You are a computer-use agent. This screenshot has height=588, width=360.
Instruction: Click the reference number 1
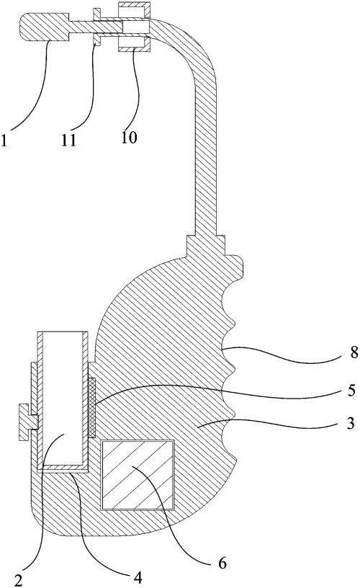pos(4,141)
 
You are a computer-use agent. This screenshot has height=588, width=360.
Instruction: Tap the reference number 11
pos(69,141)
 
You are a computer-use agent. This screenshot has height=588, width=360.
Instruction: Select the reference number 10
pos(129,137)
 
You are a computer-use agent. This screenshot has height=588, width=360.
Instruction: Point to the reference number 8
pos(354,353)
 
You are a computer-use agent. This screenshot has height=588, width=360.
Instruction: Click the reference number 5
pos(351,391)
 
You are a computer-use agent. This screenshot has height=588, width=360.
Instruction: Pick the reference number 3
pos(350,424)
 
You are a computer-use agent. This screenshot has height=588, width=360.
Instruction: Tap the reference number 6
pos(222,563)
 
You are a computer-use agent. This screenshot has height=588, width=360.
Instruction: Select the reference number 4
pos(138,577)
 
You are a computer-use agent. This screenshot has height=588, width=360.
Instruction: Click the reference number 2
pos(18,580)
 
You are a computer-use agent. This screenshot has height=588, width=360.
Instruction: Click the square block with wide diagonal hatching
pos(138,475)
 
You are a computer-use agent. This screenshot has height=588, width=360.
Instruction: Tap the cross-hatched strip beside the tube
pos(91,408)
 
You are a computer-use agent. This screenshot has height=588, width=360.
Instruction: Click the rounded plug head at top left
pos(44,26)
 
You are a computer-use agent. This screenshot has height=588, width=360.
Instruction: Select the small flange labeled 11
pos(96,27)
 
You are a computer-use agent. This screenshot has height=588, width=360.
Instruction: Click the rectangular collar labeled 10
pos(134,27)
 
